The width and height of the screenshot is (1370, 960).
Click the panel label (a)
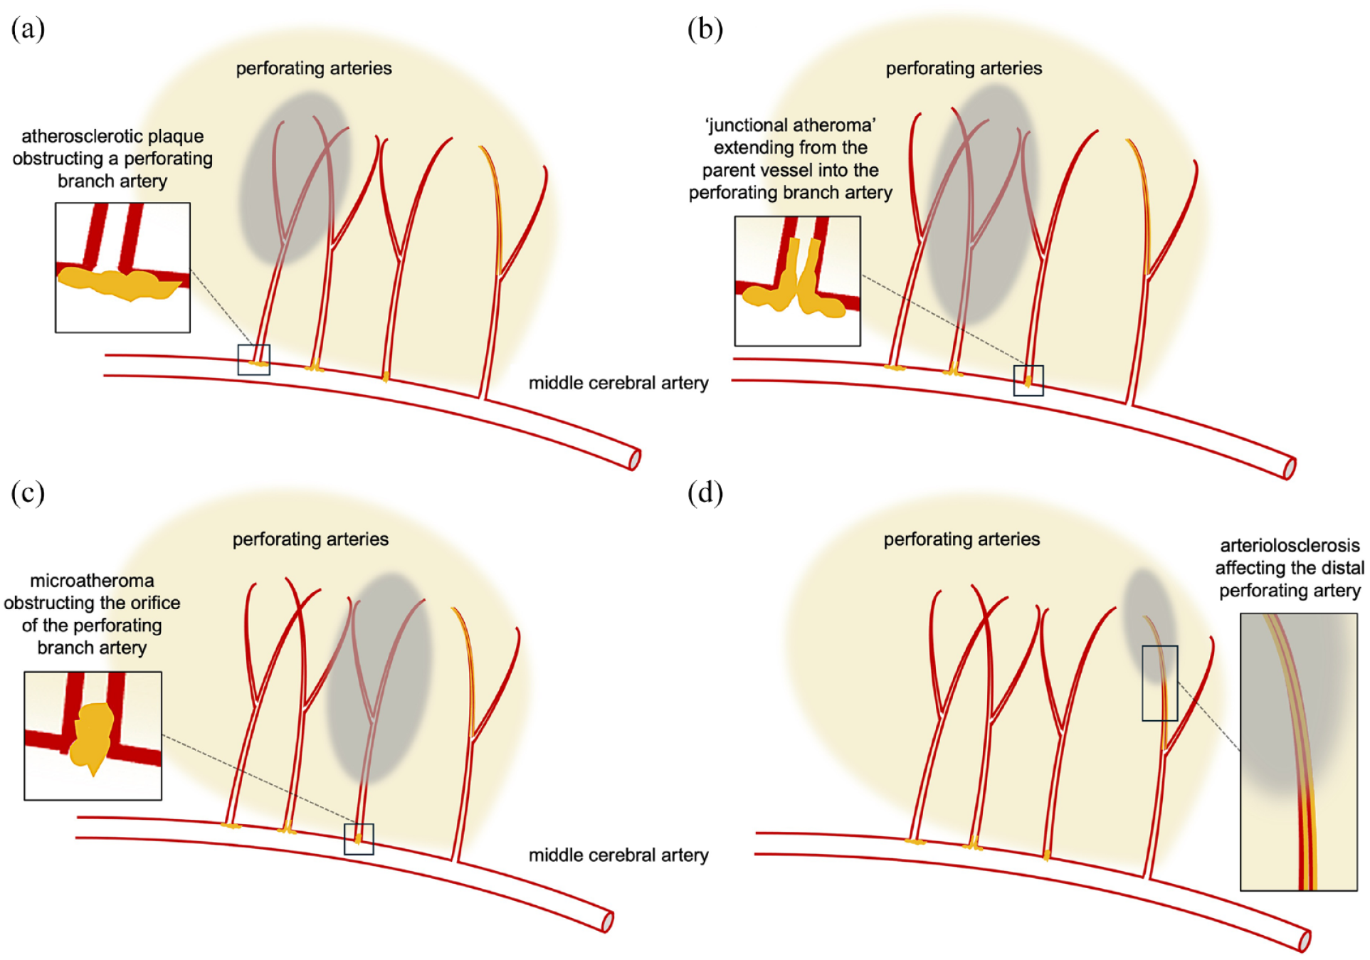[x=28, y=29]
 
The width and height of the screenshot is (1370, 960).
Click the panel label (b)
[x=705, y=29]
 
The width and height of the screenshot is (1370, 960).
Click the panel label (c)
[x=28, y=492]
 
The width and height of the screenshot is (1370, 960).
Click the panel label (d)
[x=705, y=492]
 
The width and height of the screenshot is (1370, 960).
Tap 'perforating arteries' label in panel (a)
[x=314, y=68]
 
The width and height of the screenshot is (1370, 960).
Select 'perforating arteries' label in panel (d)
[x=961, y=539]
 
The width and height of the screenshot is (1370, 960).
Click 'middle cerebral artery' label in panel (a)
[x=618, y=383]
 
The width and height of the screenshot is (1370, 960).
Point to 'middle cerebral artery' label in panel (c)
[x=618, y=855]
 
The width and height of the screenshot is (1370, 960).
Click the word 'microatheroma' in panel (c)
[x=92, y=581]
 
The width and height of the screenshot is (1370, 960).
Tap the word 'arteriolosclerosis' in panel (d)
[x=1290, y=546]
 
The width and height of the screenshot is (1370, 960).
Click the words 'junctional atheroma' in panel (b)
[x=791, y=125]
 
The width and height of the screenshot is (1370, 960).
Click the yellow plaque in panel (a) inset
[x=117, y=283]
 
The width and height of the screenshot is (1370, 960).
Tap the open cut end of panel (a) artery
[x=635, y=460]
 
